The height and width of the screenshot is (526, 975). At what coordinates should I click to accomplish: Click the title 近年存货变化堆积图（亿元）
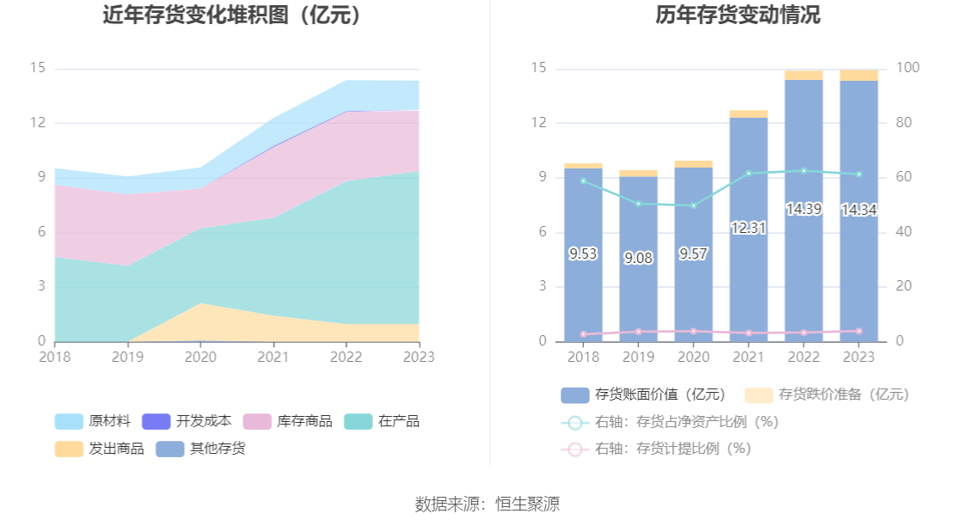[x=232, y=15]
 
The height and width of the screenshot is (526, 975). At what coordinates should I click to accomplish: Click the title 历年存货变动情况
[x=727, y=15]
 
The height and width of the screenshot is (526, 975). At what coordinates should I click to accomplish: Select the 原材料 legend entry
[x=94, y=422]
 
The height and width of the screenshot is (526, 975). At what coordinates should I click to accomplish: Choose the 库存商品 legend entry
[x=289, y=422]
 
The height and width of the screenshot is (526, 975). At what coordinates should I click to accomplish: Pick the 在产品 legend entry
[x=383, y=422]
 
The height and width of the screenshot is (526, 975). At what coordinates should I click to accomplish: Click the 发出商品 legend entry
[x=94, y=449]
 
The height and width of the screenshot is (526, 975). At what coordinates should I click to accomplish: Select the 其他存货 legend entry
[x=201, y=449]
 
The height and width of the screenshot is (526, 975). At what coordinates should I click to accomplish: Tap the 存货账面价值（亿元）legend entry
[x=644, y=394]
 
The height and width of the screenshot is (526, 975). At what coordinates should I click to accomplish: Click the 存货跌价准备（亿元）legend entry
[x=827, y=394]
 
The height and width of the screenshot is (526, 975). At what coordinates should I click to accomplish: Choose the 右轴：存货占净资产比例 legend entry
[x=671, y=422]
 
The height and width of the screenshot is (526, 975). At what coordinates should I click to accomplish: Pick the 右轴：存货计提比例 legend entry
[x=657, y=449]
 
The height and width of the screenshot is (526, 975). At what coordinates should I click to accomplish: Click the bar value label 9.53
[x=583, y=254]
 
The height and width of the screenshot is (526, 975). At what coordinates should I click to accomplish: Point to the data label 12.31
[x=748, y=229]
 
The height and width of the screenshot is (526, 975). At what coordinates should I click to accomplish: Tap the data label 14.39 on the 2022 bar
[x=803, y=209]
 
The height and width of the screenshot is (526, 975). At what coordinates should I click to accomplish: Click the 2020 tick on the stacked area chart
[x=201, y=356]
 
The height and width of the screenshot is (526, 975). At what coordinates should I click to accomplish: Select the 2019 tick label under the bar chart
[x=638, y=356]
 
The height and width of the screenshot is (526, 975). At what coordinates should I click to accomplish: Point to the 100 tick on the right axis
[x=908, y=69]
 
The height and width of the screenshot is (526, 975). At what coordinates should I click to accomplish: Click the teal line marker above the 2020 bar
[x=693, y=205]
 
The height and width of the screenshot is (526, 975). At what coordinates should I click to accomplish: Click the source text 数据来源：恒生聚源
[x=487, y=505]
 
